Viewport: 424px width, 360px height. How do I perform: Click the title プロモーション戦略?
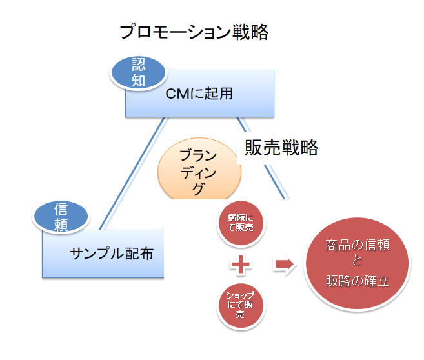(x=194, y=32)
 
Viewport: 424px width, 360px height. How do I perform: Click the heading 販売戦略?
(x=281, y=148)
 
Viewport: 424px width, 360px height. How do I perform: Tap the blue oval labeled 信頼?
(x=61, y=217)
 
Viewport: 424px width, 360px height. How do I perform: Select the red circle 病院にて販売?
(x=241, y=223)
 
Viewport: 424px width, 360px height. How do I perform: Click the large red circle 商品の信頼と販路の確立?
(x=357, y=265)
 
